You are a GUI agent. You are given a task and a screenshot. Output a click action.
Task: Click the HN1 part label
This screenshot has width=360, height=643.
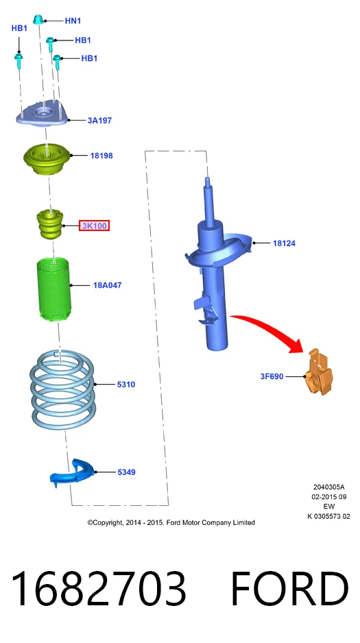click(x=73, y=21)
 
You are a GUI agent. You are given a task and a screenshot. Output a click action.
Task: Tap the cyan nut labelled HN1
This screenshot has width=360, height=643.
click(x=38, y=19)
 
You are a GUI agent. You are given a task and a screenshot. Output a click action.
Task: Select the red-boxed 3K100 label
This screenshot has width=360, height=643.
click(x=95, y=226)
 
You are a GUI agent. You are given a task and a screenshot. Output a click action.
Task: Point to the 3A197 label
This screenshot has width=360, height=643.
click(x=99, y=121)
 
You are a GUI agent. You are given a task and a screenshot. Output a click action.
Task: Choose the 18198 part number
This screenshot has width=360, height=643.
click(x=101, y=156)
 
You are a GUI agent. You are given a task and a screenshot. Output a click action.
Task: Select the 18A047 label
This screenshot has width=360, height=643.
click(x=108, y=285)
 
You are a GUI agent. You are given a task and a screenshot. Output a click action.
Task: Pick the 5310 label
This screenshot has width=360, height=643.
click(x=126, y=385)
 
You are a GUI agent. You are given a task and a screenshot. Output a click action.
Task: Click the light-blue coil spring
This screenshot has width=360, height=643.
click(x=62, y=389)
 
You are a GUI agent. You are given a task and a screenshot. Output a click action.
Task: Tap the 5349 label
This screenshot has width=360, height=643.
click(x=126, y=472)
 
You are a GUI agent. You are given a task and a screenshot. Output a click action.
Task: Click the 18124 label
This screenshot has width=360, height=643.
click(x=284, y=243)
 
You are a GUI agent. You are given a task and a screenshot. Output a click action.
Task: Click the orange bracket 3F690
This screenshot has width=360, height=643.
click(x=320, y=372)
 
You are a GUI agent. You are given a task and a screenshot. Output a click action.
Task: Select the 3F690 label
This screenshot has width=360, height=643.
click(x=272, y=376)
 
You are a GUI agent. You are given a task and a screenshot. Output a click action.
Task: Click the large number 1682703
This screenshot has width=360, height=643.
click(x=99, y=590)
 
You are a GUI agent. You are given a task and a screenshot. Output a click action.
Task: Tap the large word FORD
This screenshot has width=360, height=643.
click(x=289, y=590)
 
